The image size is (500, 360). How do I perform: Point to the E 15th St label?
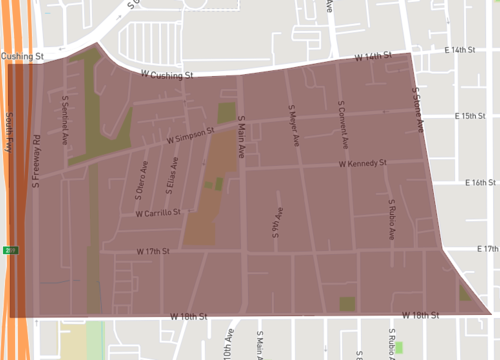pos(469,117)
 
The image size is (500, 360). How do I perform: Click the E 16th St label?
pos(481,183)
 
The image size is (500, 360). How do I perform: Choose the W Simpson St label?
pos(192,132)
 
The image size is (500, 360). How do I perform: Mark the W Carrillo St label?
pos(158,213)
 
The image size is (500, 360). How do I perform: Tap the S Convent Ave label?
pos(341,118)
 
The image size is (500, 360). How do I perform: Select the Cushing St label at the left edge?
pos(21,58)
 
